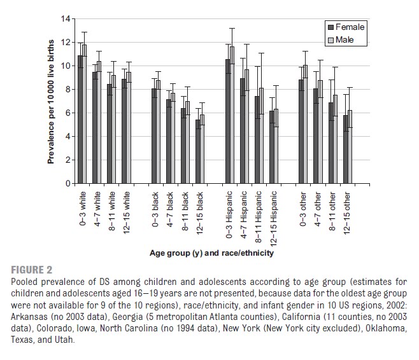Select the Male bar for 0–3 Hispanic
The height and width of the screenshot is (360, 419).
click(232, 115)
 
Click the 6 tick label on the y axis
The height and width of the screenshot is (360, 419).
click(64, 113)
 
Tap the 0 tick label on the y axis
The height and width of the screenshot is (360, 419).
click(64, 184)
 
